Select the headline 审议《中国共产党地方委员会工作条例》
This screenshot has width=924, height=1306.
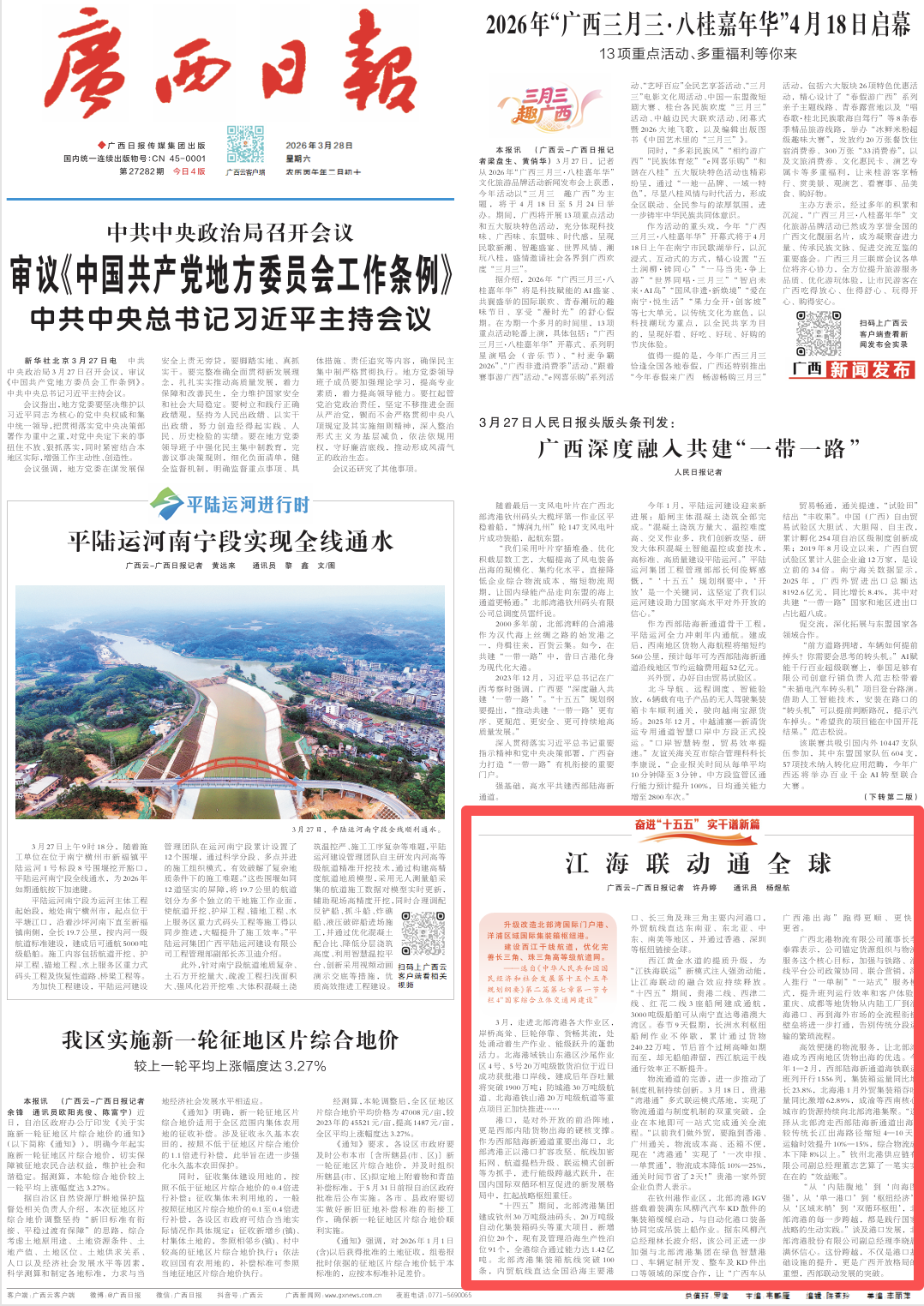click(231, 275)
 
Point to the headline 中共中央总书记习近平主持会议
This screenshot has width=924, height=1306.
click(231, 320)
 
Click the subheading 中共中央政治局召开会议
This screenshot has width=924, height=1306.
click(231, 232)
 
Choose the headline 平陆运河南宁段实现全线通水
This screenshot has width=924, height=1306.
click(231, 541)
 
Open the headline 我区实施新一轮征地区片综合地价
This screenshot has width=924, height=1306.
click(231, 1040)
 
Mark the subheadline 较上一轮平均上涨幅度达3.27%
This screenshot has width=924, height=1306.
click(231, 1066)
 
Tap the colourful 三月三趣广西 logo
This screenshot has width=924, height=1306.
click(545, 106)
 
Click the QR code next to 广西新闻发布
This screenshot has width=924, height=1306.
click(819, 333)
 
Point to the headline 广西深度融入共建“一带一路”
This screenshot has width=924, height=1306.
click(698, 448)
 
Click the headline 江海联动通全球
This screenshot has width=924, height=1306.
click(698, 863)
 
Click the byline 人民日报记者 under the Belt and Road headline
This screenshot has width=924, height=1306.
click(698, 472)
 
